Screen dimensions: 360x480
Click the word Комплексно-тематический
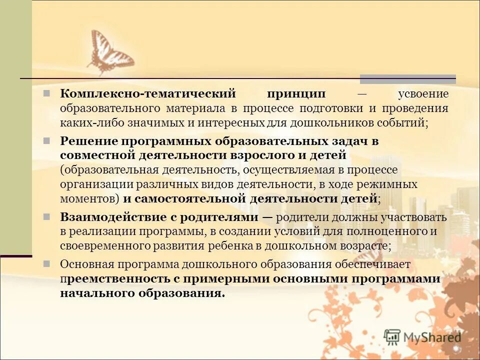coord(147,94)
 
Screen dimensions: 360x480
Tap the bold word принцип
coord(296,94)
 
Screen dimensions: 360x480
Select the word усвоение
coord(423,94)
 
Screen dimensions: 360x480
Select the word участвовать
coord(410,217)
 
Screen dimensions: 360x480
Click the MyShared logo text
coord(432,337)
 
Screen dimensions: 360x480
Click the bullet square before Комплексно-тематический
coord(46,93)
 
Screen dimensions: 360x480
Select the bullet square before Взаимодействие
coord(46,216)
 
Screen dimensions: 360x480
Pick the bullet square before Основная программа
coord(46,263)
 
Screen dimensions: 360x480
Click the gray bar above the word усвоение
coord(408,79)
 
